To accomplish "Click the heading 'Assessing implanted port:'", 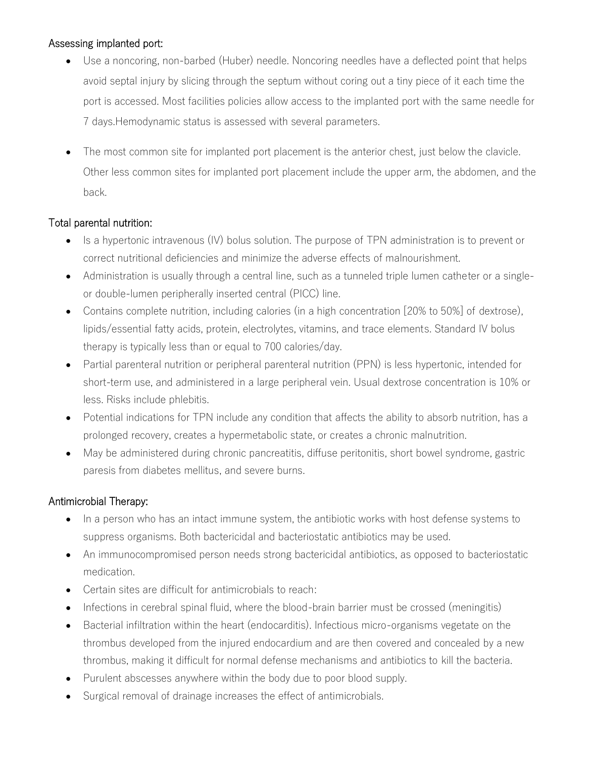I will (105, 44).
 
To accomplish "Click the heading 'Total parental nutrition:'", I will (100, 223).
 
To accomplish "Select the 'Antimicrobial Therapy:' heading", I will (98, 502).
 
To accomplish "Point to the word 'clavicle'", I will (501, 151).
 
